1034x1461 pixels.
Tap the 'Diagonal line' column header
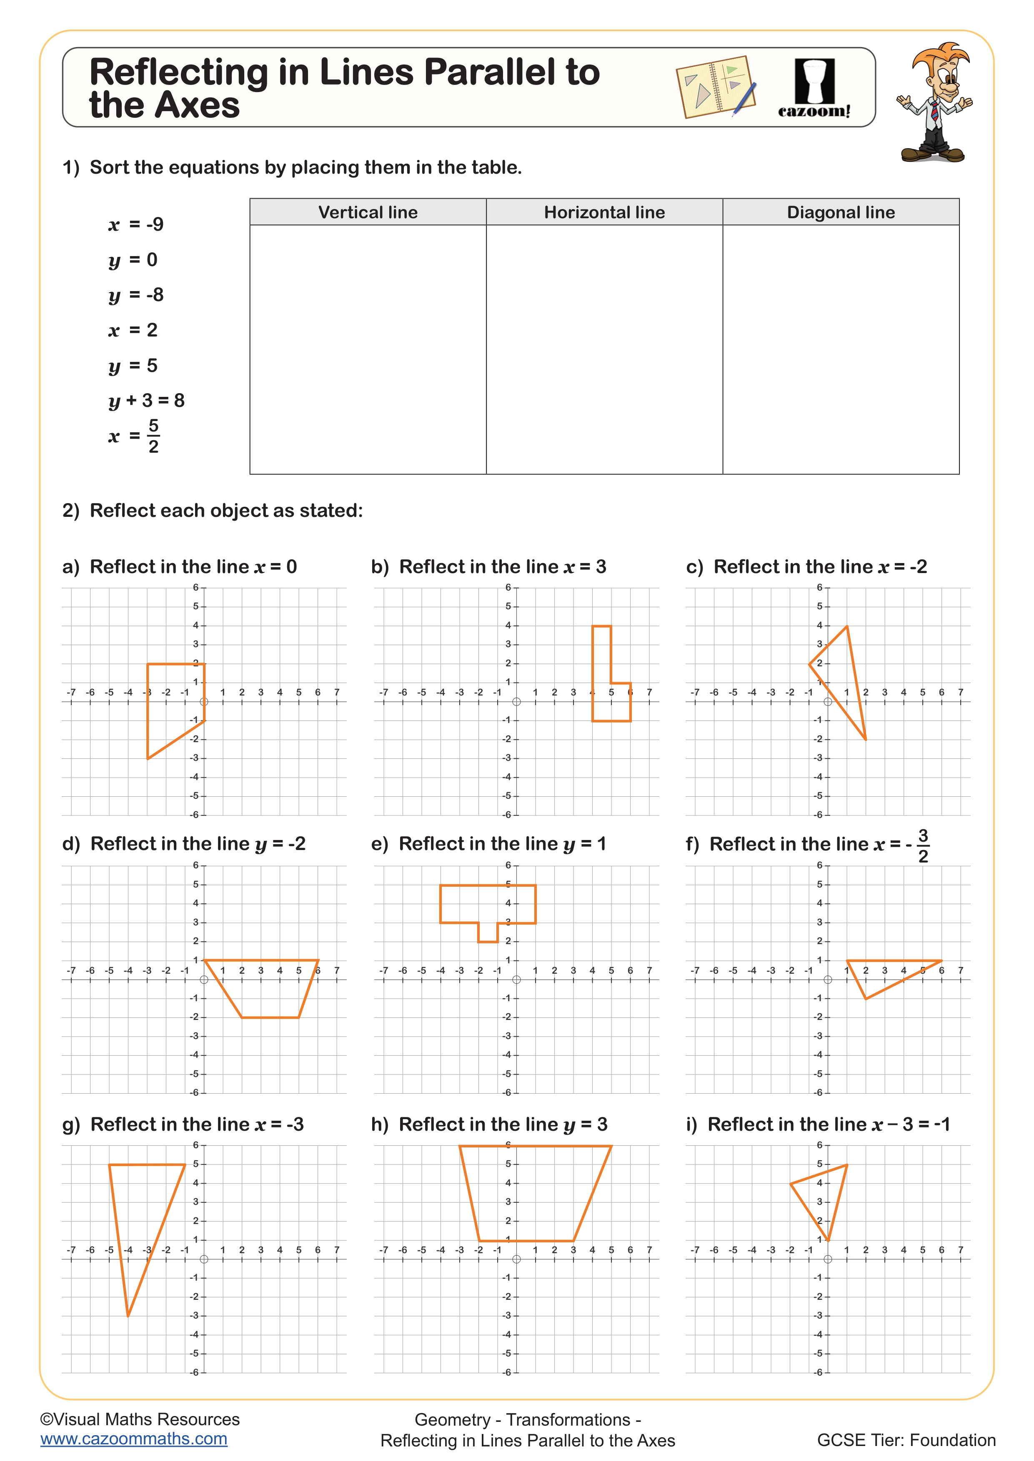click(841, 212)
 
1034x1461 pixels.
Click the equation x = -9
click(136, 224)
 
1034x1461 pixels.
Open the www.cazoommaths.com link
click(134, 1439)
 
